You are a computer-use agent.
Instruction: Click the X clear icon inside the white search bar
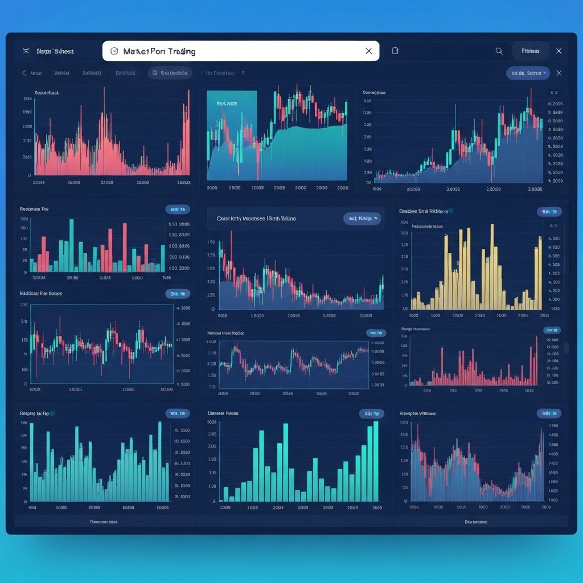368,51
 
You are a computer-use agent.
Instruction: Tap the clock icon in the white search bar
114,51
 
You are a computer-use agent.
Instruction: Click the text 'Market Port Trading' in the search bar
159,51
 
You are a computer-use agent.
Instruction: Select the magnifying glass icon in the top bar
499,51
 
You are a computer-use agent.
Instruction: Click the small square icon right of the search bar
395,51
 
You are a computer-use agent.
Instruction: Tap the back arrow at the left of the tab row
24,73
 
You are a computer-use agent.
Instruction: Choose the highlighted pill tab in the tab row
170,73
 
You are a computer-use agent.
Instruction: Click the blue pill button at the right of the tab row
527,73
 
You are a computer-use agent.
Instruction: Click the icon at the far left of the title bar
25,51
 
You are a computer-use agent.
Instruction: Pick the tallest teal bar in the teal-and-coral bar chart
71,245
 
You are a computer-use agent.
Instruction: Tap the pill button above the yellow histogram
549,212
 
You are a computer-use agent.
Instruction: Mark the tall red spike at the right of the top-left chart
187,137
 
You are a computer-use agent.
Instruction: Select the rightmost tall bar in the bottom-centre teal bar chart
376,461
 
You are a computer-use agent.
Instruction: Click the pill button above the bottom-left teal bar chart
177,413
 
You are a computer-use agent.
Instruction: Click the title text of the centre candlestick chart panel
256,219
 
